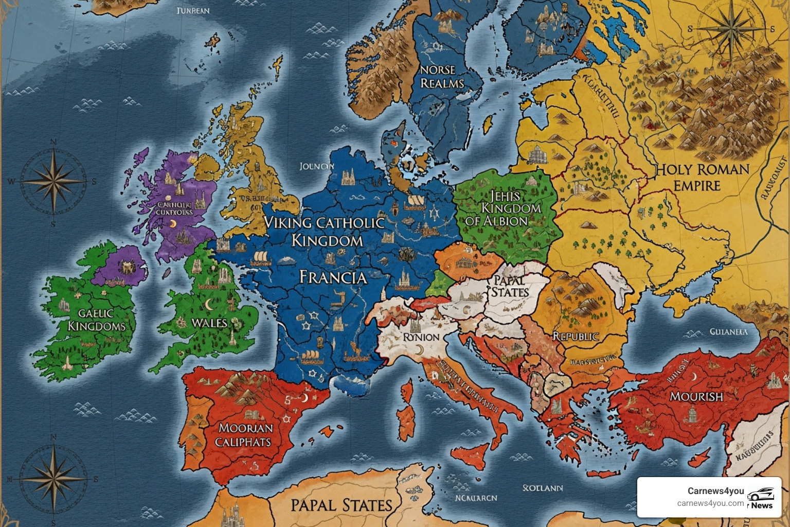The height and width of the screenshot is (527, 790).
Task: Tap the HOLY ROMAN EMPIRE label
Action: (702, 178)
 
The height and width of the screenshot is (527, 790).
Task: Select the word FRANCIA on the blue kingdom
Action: (333, 277)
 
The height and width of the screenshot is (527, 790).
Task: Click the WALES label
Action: (209, 323)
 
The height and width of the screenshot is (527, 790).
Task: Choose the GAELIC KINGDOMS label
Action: (96, 320)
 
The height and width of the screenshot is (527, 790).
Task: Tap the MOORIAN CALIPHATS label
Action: (245, 435)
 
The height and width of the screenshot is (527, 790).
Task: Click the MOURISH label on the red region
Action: (696, 396)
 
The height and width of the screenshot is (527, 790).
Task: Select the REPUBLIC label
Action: (576, 337)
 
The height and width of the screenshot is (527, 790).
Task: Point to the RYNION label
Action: (421, 337)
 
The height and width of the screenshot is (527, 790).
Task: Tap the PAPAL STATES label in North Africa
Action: (342, 505)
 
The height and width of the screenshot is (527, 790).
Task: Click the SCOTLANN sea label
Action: (543, 488)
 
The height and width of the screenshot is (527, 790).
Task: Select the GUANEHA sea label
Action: (728, 332)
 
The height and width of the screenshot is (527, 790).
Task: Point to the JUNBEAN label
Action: (193, 11)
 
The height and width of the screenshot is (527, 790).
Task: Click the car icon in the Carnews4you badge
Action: (760, 494)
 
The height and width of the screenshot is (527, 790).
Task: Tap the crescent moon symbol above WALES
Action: (209, 305)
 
